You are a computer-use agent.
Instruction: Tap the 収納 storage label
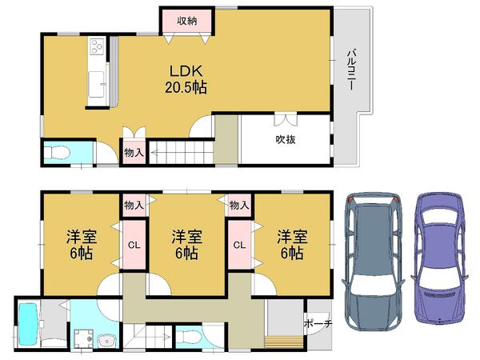pos(187,21)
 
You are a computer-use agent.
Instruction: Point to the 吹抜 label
pos(286,140)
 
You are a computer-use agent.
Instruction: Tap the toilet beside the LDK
pos(58,152)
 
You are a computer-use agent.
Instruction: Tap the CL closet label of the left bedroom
pos(133,244)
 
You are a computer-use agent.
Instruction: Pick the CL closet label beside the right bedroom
pos(238,244)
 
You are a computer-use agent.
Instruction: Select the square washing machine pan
pos(82,338)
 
